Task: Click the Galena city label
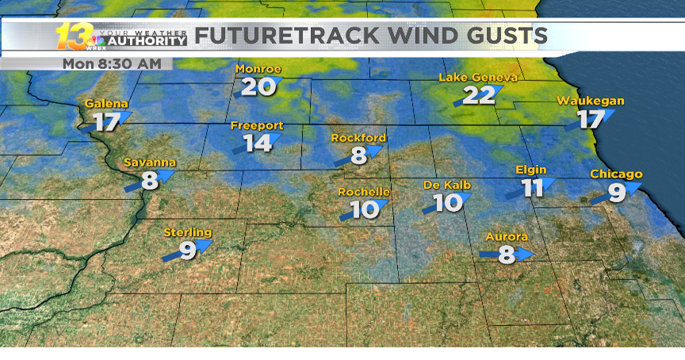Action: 106,104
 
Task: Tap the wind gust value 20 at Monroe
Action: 254,86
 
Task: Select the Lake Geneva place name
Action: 478,77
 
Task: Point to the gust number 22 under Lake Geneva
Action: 479,95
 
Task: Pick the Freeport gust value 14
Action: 257,144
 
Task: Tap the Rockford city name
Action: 358,138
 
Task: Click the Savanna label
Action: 149,163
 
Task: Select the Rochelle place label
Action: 364,192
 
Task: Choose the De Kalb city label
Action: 447,185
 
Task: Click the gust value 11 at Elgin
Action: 532,188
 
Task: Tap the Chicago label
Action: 616,174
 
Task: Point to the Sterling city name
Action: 188,232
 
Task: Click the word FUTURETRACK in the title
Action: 282,36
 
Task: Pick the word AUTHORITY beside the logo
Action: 147,41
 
